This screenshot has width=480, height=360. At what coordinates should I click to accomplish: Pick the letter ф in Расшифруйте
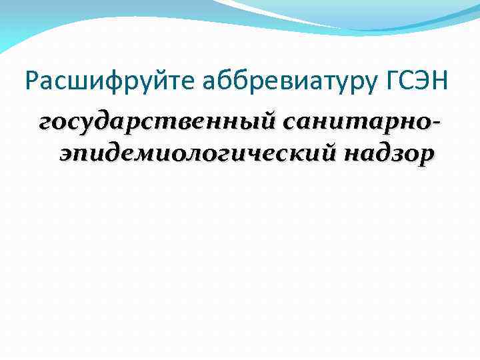99,83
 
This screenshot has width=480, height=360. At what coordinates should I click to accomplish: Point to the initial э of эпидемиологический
66,154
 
